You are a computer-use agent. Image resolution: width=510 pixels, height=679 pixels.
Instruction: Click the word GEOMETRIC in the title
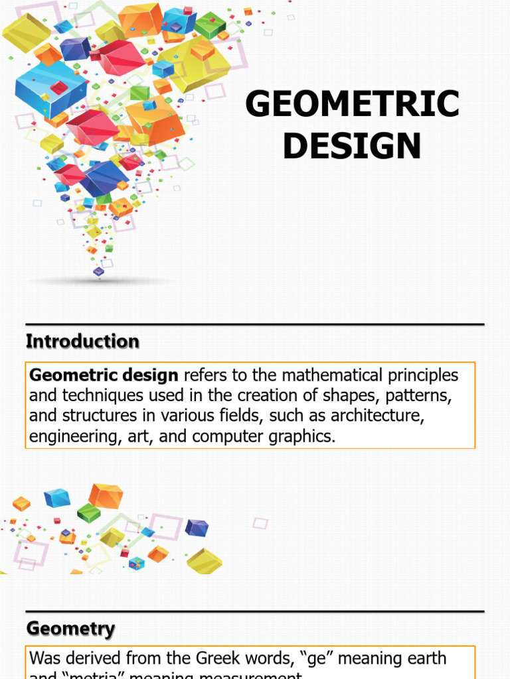[x=352, y=105]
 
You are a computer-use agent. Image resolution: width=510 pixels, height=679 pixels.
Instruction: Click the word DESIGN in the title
[x=352, y=145]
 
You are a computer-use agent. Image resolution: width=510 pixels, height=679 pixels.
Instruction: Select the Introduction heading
[x=82, y=341]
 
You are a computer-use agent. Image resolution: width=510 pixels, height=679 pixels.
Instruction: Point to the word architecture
[x=381, y=417]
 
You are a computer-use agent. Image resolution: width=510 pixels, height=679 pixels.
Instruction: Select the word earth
[x=425, y=658]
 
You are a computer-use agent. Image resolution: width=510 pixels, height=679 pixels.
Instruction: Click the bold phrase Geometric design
[x=104, y=375]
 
